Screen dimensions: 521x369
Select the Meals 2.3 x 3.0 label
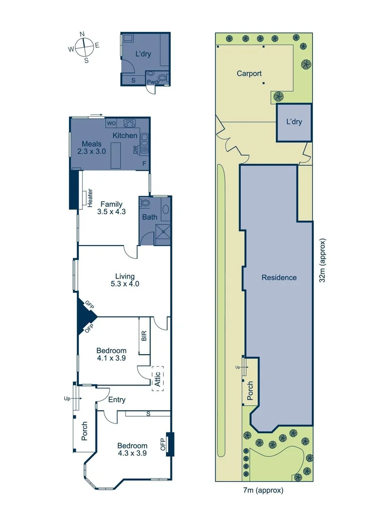pyautogui.click(x=91, y=147)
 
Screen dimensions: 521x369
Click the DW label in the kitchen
pyautogui.click(x=136, y=150)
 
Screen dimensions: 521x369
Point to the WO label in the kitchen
pyautogui.click(x=112, y=123)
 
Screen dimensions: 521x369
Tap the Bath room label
pyautogui.click(x=149, y=217)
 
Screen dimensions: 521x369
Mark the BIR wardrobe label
pyautogui.click(x=144, y=336)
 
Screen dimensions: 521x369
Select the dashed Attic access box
pyautogui.click(x=157, y=379)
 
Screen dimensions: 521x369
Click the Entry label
pyautogui.click(x=117, y=399)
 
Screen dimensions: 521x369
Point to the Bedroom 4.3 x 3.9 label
pyautogui.click(x=132, y=449)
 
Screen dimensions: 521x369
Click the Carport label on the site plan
pyautogui.click(x=249, y=74)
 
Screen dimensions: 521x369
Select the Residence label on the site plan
pyautogui.click(x=279, y=277)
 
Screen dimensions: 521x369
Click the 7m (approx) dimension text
pyautogui.click(x=264, y=491)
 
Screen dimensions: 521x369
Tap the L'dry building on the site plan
pyautogui.click(x=294, y=122)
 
